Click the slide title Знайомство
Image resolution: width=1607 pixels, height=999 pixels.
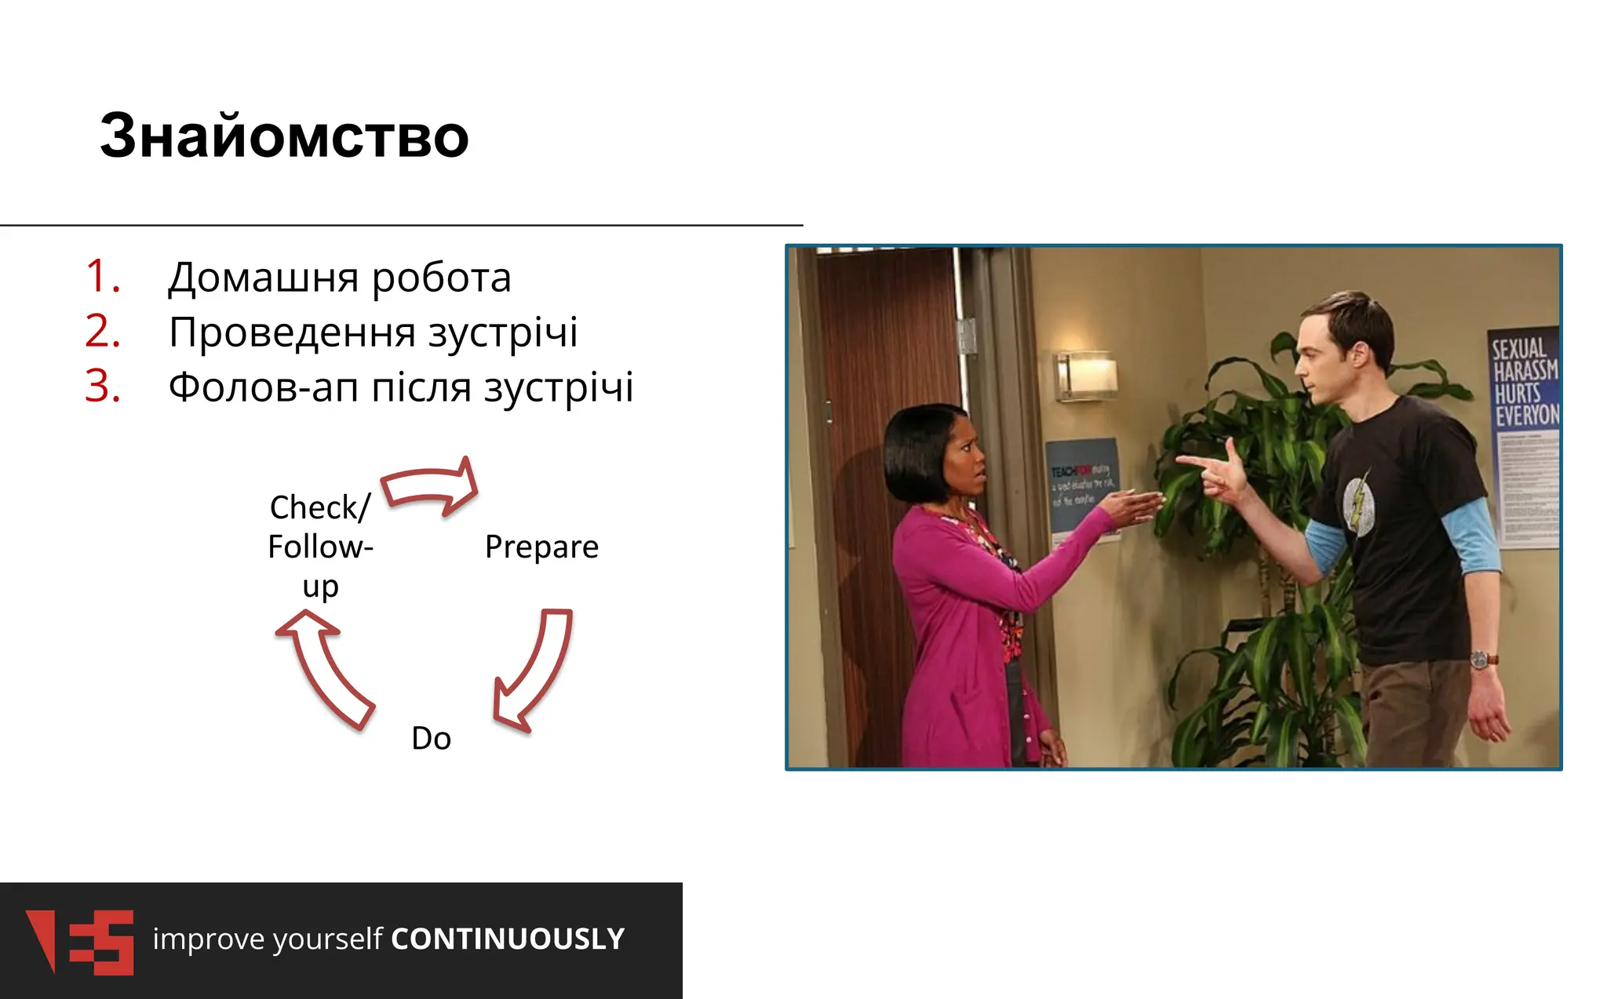pyautogui.click(x=284, y=136)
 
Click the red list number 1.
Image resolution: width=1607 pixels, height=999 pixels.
pyautogui.click(x=103, y=277)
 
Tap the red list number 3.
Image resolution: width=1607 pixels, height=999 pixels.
pyautogui.click(x=103, y=387)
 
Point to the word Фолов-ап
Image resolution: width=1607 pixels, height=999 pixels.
pyautogui.click(x=264, y=387)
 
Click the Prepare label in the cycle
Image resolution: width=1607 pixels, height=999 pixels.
pyautogui.click(x=541, y=547)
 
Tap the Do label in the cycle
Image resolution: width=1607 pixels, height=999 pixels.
pyautogui.click(x=431, y=739)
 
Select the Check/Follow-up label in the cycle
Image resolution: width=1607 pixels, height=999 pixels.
pyautogui.click(x=320, y=547)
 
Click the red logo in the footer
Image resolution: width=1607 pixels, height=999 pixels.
pyautogui.click(x=81, y=942)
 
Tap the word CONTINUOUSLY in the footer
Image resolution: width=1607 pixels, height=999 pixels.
pyautogui.click(x=508, y=939)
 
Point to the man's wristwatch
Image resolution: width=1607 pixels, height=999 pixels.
pyautogui.click(x=1481, y=659)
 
